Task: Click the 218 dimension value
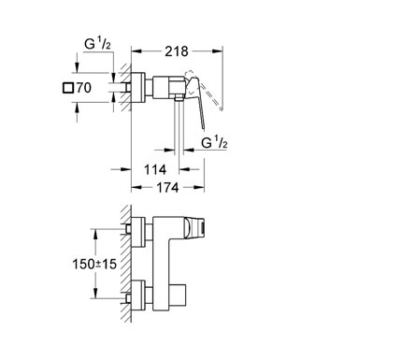[x=177, y=51]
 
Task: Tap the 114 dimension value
[x=155, y=170]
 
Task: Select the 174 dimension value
[x=167, y=188]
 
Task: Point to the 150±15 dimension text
[x=94, y=265]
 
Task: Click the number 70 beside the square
[x=84, y=88]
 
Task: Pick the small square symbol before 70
[x=68, y=88]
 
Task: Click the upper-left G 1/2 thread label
[x=97, y=44]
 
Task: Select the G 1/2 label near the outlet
[x=214, y=142]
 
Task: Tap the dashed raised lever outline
[x=206, y=91]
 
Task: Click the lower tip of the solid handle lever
[x=203, y=128]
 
